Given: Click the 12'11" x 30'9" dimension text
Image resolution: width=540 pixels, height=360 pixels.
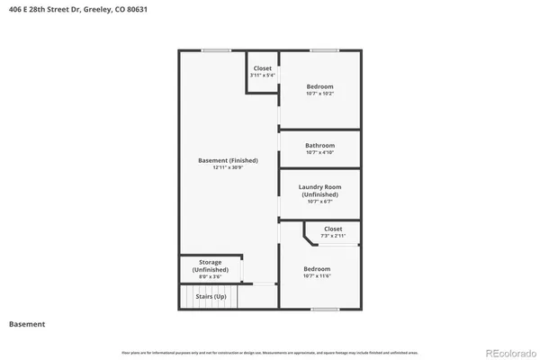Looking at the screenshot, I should click(228, 167).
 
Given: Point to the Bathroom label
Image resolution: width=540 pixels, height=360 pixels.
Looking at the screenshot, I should click(319, 145).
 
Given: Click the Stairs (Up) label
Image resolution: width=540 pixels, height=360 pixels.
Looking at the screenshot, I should click(211, 295).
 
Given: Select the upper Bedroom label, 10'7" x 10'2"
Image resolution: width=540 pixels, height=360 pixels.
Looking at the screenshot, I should click(319, 86).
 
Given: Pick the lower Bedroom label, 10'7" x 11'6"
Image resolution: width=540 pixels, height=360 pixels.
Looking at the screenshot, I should click(317, 269).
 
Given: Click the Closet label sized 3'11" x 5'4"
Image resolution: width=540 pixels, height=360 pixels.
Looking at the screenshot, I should click(262, 68).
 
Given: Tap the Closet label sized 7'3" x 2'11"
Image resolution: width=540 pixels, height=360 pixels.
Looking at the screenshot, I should click(333, 229).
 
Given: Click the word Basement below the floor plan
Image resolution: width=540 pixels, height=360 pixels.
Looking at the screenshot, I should click(27, 324).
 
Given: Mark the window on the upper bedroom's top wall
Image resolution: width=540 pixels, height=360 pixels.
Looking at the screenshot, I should click(324, 50).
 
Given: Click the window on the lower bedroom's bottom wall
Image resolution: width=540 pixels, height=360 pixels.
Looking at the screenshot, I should click(324, 310).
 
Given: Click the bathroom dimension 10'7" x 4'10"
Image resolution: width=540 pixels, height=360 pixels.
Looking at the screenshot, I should click(319, 152).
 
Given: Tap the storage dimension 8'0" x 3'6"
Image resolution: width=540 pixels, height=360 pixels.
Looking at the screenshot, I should click(210, 276).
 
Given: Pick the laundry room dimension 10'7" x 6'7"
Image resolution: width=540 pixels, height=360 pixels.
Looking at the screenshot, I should click(319, 202).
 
